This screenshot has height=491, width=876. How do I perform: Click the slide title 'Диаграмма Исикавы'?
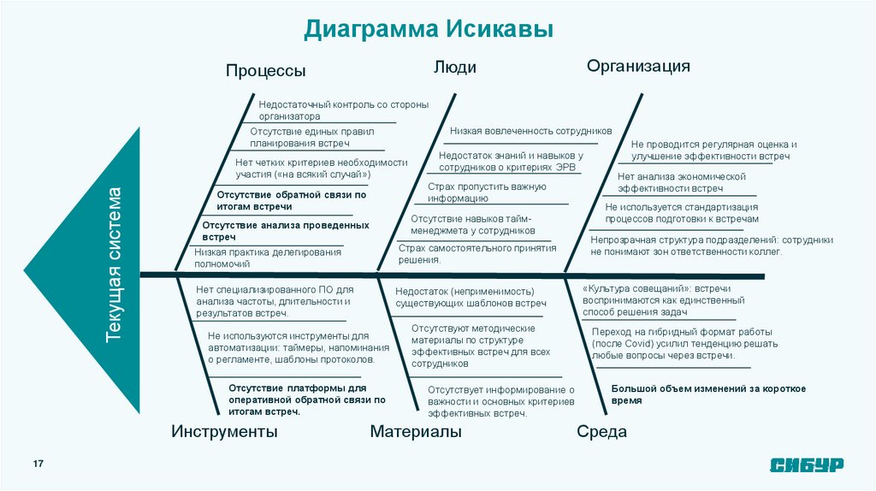click(429, 29)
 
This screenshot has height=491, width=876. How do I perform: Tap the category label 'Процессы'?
click(265, 71)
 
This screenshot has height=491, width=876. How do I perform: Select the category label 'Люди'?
click(454, 68)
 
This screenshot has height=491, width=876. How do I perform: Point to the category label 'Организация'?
click(638, 67)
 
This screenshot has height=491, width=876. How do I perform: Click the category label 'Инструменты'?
click(224, 432)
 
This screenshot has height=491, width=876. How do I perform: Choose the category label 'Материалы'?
click(416, 432)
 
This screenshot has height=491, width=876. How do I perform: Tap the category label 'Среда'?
click(601, 432)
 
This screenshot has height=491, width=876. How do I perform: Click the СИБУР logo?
click(807, 464)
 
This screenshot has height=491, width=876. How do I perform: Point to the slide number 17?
click(38, 463)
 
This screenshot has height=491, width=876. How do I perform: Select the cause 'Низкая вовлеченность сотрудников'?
click(530, 131)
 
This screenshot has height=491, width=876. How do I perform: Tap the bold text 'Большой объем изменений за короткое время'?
click(708, 394)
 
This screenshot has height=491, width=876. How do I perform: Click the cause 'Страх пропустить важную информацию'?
click(486, 192)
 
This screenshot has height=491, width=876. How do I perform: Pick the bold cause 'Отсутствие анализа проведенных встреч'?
click(286, 230)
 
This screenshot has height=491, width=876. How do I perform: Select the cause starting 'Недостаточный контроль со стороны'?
click(343, 109)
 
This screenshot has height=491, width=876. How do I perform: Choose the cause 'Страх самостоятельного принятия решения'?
click(477, 253)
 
